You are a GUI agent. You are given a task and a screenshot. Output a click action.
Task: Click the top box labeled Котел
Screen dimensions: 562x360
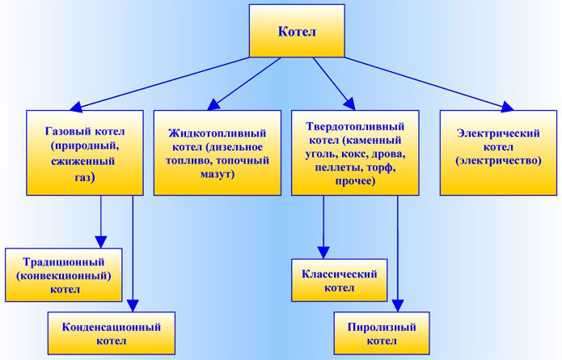click(297, 31)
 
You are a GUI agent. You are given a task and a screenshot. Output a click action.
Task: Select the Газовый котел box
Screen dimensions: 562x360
click(85, 153)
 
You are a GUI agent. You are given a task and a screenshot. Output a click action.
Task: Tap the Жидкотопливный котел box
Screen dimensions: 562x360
click(218, 153)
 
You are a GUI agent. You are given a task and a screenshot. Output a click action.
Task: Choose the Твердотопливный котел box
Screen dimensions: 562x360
click(355, 153)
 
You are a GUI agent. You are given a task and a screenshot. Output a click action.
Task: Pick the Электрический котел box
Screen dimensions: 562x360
click(498, 153)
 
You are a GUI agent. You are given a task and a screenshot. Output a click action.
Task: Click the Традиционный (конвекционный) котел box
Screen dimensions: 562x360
click(63, 275)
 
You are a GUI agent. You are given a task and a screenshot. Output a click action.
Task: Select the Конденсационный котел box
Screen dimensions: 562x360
click(112, 333)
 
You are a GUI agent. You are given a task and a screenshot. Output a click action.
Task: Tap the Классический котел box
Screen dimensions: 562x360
click(339, 280)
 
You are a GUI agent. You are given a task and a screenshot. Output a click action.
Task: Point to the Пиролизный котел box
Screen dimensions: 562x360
click(382, 333)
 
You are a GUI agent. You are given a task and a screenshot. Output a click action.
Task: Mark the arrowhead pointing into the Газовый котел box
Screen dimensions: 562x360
click(76, 108)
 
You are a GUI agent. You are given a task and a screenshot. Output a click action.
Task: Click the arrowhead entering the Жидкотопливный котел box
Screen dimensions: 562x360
click(213, 104)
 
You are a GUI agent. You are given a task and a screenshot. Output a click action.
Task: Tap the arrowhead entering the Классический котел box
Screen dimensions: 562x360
click(323, 252)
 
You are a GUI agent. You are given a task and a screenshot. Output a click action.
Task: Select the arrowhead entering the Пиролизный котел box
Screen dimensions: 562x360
click(398, 306)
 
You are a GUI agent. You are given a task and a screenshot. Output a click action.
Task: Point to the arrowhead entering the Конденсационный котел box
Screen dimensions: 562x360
click(133, 306)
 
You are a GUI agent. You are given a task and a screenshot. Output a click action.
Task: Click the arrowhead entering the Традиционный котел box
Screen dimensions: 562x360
click(101, 242)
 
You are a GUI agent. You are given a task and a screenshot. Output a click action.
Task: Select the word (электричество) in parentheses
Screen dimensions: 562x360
click(498, 161)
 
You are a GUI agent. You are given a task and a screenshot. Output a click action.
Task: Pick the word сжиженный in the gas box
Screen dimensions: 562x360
click(82, 161)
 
